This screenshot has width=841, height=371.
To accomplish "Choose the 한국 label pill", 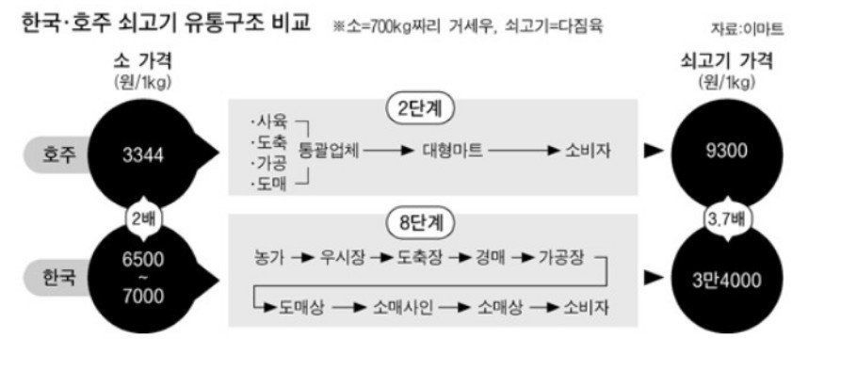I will (61, 278).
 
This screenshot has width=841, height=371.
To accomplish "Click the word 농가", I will (269, 256).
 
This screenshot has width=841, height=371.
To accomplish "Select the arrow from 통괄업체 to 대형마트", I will (388, 150).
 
